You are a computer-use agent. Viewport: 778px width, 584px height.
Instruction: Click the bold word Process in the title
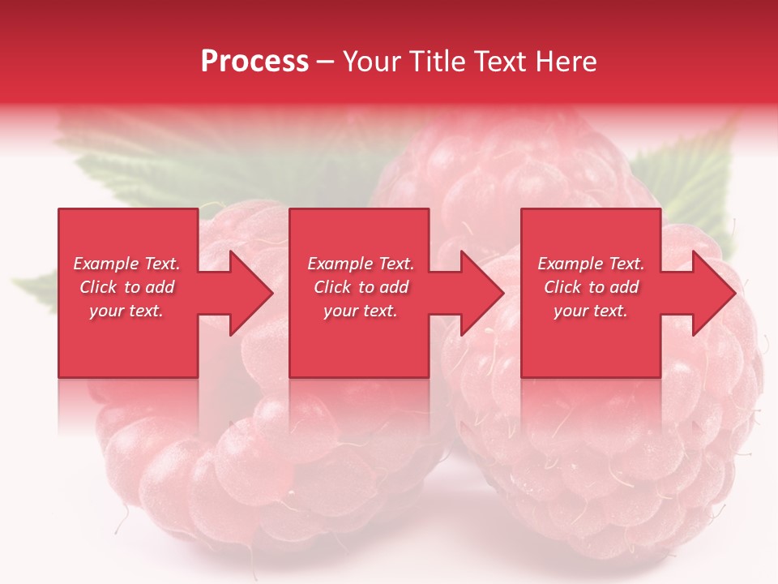pos(254,62)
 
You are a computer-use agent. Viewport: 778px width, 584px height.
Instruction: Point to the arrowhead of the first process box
pos(247,293)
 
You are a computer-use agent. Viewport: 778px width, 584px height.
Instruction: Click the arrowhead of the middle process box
pos(478,293)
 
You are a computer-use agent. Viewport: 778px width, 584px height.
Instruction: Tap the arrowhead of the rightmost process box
pos(710,293)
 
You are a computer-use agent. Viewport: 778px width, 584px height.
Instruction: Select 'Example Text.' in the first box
pos(127,264)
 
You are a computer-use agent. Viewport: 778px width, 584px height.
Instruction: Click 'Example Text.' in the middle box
pos(361,264)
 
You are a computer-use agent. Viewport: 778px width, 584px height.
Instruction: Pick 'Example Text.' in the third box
pos(591,264)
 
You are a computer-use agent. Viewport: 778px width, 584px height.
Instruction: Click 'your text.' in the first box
pos(126,311)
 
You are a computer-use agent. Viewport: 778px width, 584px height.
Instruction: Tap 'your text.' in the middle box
pos(360,311)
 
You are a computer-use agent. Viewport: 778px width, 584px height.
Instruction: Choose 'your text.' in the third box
pos(590,311)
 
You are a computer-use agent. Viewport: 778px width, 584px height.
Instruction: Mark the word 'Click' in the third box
pos(562,287)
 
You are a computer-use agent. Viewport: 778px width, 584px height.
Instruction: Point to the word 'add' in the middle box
pos(394,287)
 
